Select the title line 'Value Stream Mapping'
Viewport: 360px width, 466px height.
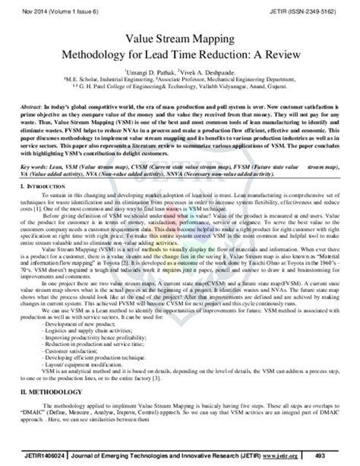click(180, 44)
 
